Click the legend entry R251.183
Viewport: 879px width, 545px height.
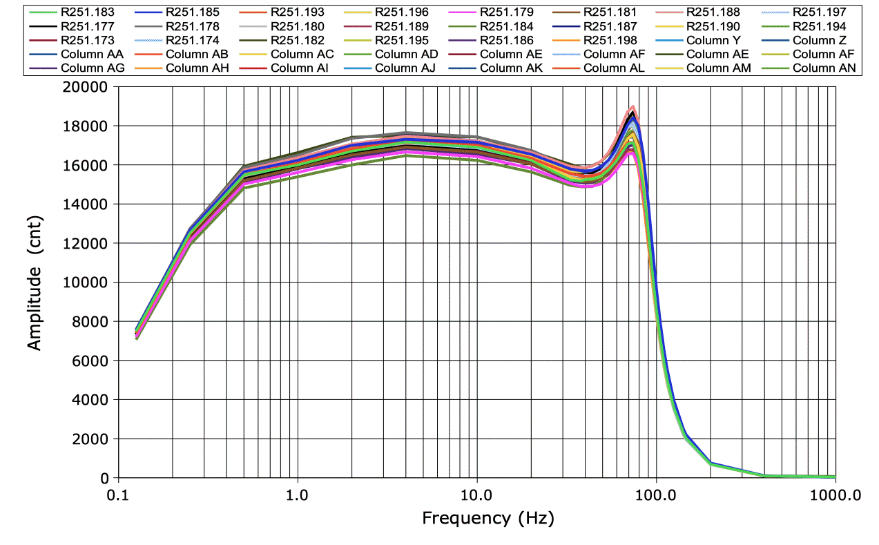click(x=87, y=12)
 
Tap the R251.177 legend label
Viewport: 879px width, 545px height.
click(x=87, y=26)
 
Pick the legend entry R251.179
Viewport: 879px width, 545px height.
click(x=506, y=12)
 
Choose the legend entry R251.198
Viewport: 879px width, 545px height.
click(x=611, y=40)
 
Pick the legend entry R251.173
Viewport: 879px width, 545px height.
click(x=87, y=40)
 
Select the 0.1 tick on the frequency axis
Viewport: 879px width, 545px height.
click(x=119, y=495)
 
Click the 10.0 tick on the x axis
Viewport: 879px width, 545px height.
click(x=476, y=495)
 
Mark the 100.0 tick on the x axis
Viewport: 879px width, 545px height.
click(x=656, y=495)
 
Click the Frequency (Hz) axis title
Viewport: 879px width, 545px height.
click(x=487, y=517)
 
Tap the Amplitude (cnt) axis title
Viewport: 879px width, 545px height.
click(x=35, y=283)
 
